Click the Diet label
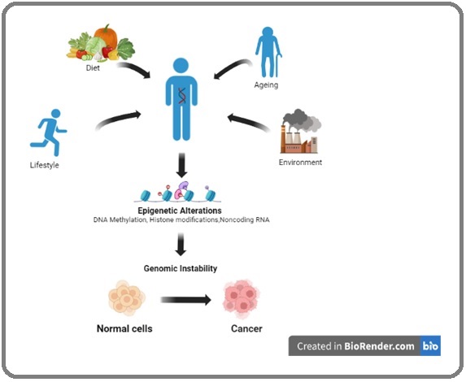coord(93,68)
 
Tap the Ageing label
coord(266,85)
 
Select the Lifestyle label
coord(44,165)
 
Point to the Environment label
coord(300,163)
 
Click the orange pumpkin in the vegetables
coord(106,36)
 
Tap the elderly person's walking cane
coord(278,65)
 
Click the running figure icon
coord(48,132)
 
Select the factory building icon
coord(298,140)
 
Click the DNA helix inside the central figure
coord(182,96)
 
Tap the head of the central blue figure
coord(181,66)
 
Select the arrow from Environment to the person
coord(249,122)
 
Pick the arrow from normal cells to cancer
coord(186,300)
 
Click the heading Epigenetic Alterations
coord(180,211)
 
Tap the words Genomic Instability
coord(181,268)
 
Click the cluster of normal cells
coord(127,297)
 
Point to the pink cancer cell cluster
coord(242,299)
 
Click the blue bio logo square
coord(430,345)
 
